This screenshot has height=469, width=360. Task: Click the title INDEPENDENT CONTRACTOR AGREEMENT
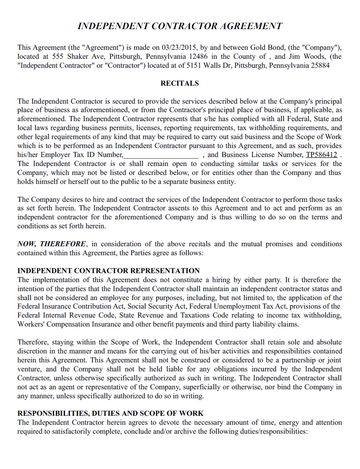[x=180, y=23]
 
